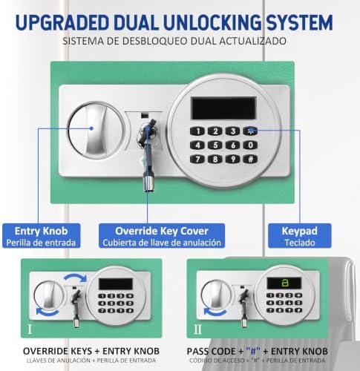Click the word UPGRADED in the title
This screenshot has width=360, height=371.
pos(62,23)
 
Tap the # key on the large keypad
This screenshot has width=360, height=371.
pos(250,160)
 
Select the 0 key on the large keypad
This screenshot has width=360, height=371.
pos(250,145)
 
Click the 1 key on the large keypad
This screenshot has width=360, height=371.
pos(197,131)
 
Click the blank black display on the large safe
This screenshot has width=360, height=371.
pos(224,108)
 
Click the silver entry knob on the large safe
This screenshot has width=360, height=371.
pos(96,131)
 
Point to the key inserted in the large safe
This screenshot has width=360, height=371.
pos(148,154)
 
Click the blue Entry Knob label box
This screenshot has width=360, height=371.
pos(41,236)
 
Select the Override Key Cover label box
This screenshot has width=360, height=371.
pos(162,236)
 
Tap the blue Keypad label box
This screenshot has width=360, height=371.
pos(300,236)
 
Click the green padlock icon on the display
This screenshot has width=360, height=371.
pos(284,283)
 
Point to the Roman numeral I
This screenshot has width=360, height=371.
pos(30,329)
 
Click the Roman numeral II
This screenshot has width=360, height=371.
pos(197,329)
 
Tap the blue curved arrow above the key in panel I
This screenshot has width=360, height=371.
pos(75,277)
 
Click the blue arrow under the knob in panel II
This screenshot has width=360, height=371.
pos(215,312)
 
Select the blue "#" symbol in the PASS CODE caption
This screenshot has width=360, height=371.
pos(253,351)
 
